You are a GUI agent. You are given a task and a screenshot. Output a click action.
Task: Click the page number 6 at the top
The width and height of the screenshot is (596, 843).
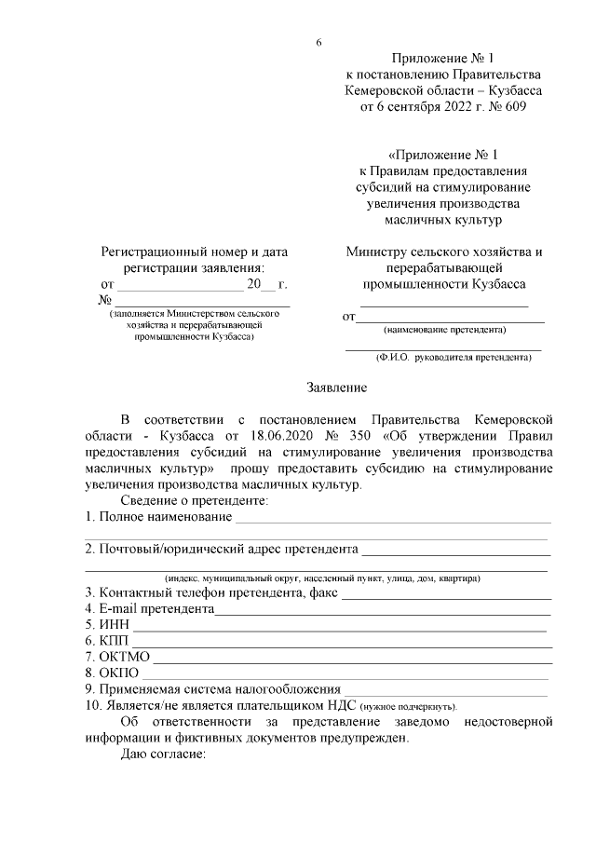click(x=318, y=44)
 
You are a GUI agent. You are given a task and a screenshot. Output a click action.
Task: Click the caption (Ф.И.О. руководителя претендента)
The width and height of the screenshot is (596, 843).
click(x=454, y=357)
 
